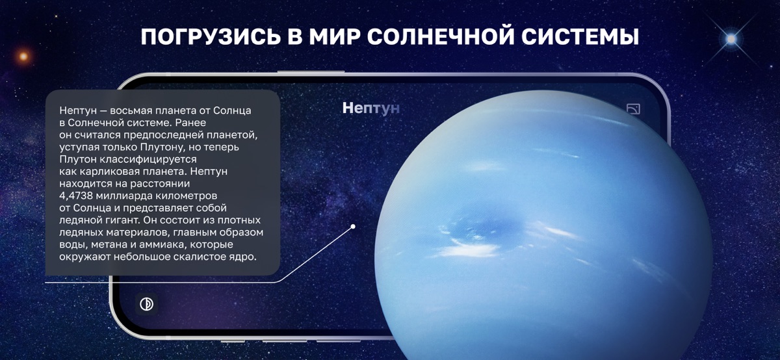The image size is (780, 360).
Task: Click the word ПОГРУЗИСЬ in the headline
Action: (x=211, y=37)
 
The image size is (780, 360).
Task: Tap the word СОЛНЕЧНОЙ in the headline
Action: (x=441, y=37)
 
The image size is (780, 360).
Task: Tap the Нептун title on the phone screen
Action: (x=371, y=109)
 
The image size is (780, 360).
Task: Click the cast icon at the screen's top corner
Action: (x=633, y=109)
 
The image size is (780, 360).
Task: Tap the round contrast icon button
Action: (x=147, y=304)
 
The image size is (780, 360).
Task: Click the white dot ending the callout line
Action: (x=353, y=226)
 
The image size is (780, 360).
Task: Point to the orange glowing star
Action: (x=23, y=56)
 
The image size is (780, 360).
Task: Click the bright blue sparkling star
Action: (x=731, y=39)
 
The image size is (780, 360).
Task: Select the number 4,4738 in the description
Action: (x=76, y=196)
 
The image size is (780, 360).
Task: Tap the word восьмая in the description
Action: (x=131, y=110)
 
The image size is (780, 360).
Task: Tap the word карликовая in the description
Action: (x=108, y=172)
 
